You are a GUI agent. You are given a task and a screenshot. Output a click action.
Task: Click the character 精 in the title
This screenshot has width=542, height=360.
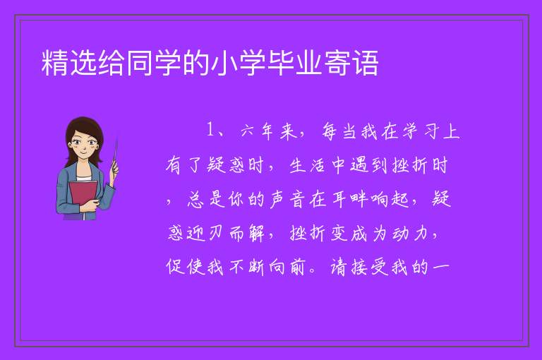click(55, 63)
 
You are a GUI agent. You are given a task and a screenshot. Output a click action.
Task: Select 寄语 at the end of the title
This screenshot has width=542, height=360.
click(351, 63)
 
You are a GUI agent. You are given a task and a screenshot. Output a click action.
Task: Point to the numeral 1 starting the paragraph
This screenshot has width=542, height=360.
click(210, 131)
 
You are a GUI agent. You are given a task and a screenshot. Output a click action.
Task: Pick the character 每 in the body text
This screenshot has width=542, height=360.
click(330, 131)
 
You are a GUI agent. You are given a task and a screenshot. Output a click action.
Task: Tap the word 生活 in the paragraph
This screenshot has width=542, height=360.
click(307, 165)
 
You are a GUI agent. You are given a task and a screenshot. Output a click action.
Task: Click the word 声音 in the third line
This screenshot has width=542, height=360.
click(288, 199)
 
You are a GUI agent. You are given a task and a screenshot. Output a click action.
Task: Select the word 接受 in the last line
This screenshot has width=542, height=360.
click(369, 267)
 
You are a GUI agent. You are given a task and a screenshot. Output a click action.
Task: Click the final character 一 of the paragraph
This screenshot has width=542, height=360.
click(440, 267)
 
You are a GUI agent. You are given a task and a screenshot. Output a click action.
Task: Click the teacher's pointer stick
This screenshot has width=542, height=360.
click(115, 154)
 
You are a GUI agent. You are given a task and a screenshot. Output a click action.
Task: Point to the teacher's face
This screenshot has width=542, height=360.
click(84, 145)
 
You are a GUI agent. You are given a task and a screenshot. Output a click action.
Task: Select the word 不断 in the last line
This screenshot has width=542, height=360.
click(246, 267)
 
